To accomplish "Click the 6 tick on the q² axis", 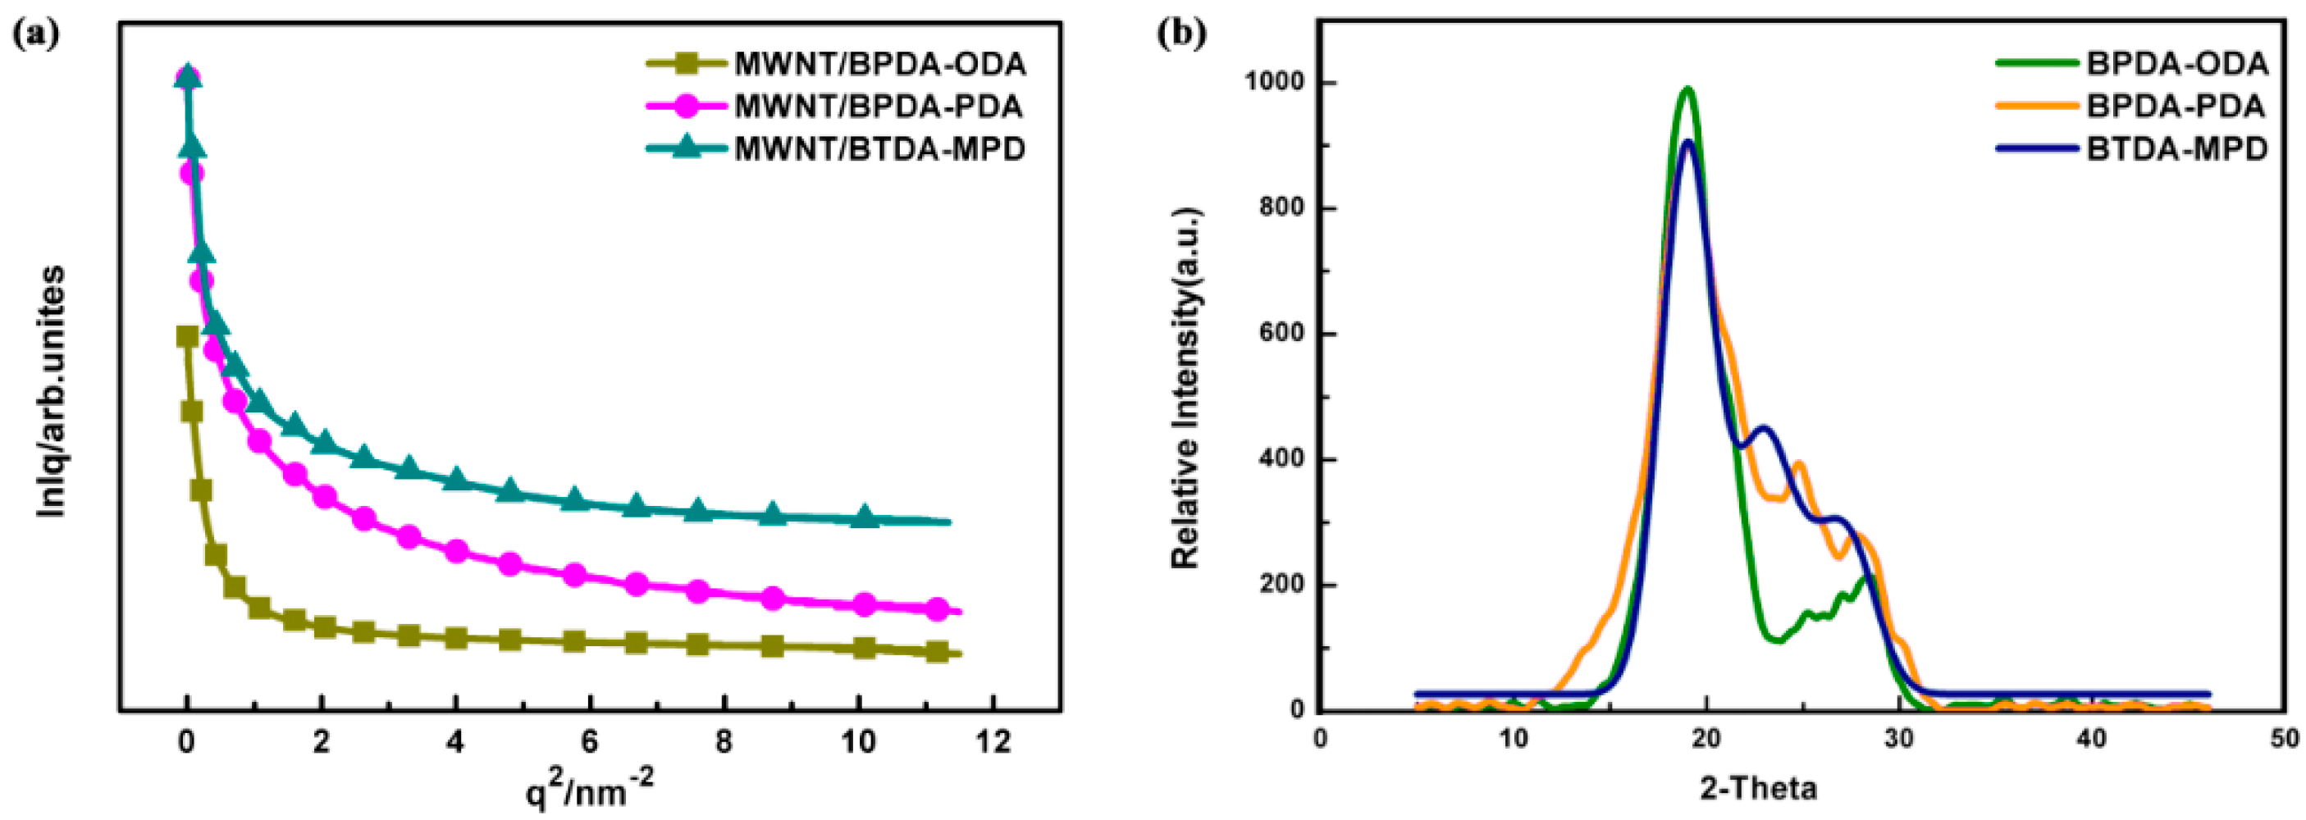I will [x=589, y=742].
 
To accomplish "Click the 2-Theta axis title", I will [x=1758, y=788].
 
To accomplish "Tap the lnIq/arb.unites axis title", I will [x=52, y=390].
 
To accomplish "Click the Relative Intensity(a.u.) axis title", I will [x=1185, y=389].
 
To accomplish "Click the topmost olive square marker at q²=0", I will [x=187, y=336].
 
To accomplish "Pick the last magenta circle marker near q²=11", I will [x=936, y=609].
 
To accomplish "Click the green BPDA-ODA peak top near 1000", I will [x=1687, y=89].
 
